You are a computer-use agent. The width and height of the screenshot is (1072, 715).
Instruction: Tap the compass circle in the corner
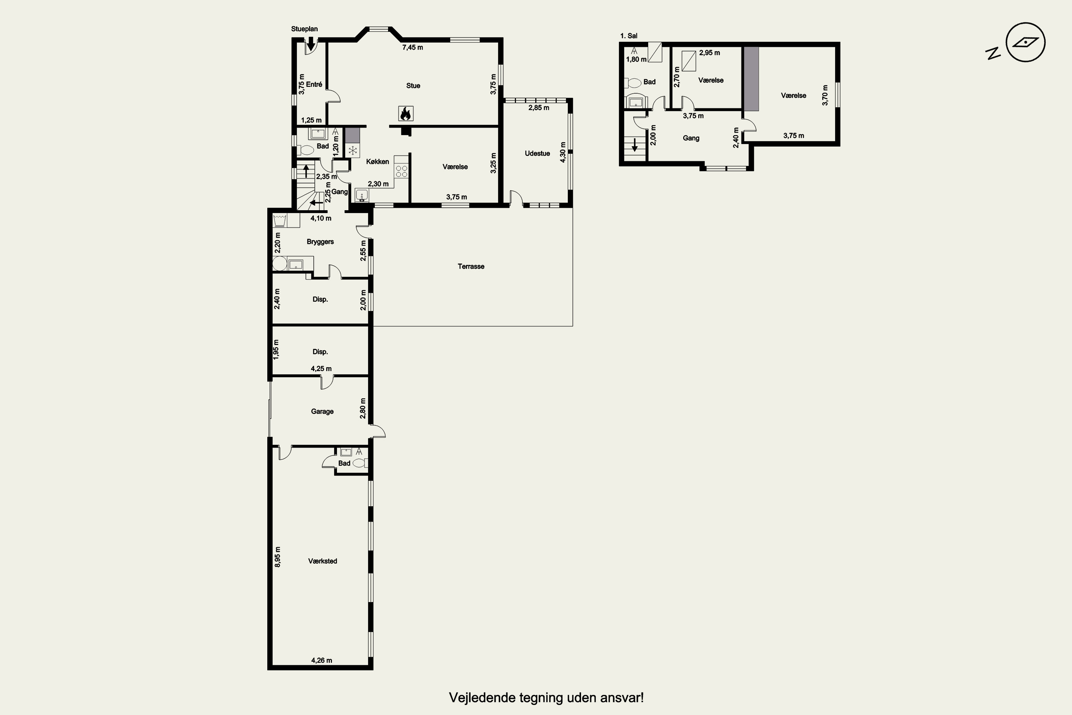pos(1026,43)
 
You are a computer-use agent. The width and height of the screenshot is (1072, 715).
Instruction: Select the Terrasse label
pos(471,266)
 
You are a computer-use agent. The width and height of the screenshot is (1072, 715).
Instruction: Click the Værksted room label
pos(323,561)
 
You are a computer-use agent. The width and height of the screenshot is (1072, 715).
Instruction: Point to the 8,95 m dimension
pos(278,557)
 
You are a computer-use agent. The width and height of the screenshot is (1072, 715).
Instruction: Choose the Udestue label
pos(537,153)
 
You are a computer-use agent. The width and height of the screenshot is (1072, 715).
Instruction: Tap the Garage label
pos(322,411)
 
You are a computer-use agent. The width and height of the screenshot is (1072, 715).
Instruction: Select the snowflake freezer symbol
pos(352,151)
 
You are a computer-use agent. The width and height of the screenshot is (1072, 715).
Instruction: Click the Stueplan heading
pos(304,29)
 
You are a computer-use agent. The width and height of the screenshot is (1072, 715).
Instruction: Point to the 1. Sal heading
pos(629,35)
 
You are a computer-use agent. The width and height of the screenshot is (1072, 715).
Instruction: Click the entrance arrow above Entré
pos(311,45)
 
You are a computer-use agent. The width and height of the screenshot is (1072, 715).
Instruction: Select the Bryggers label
pos(321,242)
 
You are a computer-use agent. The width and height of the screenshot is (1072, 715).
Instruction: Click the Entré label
pos(314,84)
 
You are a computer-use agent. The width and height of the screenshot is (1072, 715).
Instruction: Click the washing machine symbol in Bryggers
pos(279,220)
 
